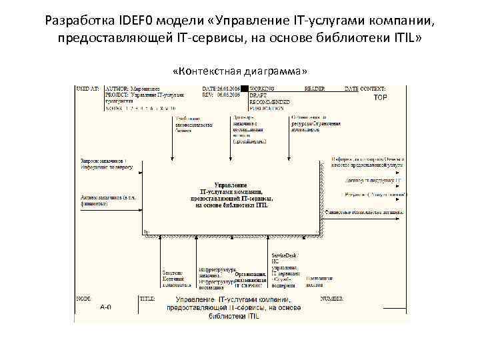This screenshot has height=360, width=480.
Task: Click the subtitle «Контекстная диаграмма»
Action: [x=240, y=71]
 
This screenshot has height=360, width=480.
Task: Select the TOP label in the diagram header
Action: [x=380, y=97]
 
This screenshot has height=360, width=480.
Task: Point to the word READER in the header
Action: [x=315, y=89]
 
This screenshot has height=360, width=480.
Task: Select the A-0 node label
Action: [x=105, y=307]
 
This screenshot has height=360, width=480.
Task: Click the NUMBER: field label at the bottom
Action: [x=333, y=299]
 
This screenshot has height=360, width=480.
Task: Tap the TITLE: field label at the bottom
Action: [x=147, y=299]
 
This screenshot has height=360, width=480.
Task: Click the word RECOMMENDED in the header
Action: [x=269, y=101]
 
